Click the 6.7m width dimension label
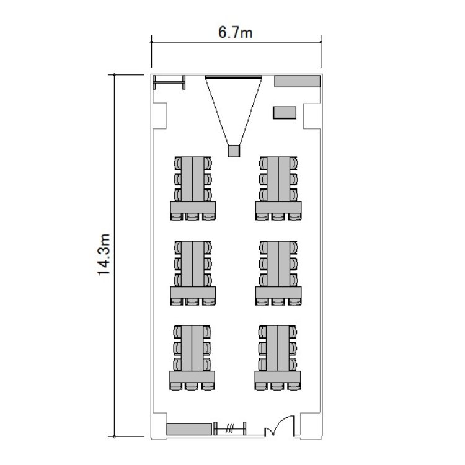(235, 32)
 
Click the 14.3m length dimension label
(104, 255)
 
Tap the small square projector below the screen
(234, 151)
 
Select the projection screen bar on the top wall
(234, 77)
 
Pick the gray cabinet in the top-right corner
(297, 81)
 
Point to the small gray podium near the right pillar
(285, 113)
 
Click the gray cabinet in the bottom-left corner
(189, 429)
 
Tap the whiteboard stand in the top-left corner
(169, 82)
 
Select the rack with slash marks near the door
(230, 428)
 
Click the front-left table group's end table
(193, 208)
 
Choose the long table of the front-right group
(278, 179)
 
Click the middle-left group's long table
(193, 264)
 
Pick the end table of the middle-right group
(278, 293)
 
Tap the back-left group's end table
(192, 377)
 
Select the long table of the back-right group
(278, 348)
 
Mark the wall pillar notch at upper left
(160, 116)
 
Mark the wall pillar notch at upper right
(312, 116)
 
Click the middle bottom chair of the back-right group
(278, 386)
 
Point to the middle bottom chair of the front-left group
(192, 217)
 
